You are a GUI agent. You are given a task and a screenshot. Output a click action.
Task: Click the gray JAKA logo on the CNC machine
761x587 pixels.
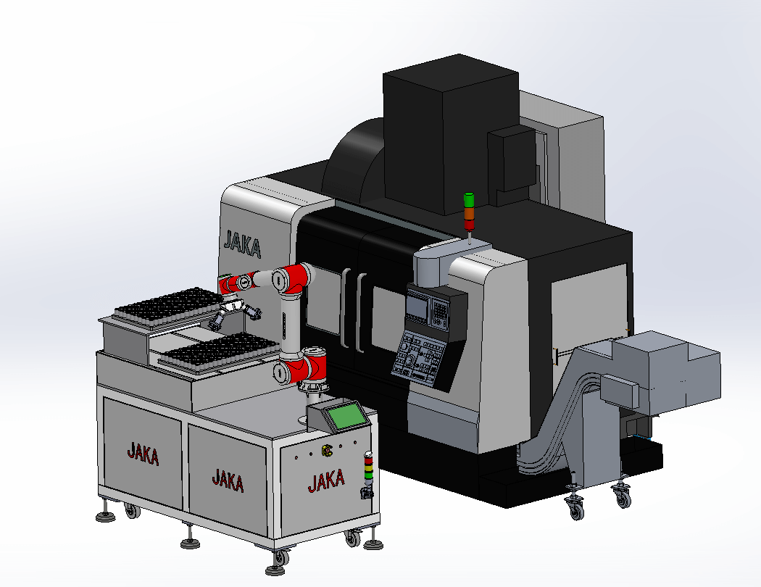[x=242, y=244]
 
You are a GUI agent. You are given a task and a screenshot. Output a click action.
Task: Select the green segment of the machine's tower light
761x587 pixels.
[x=469, y=200]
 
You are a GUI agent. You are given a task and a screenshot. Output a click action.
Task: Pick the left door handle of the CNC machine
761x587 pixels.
[x=346, y=307]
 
